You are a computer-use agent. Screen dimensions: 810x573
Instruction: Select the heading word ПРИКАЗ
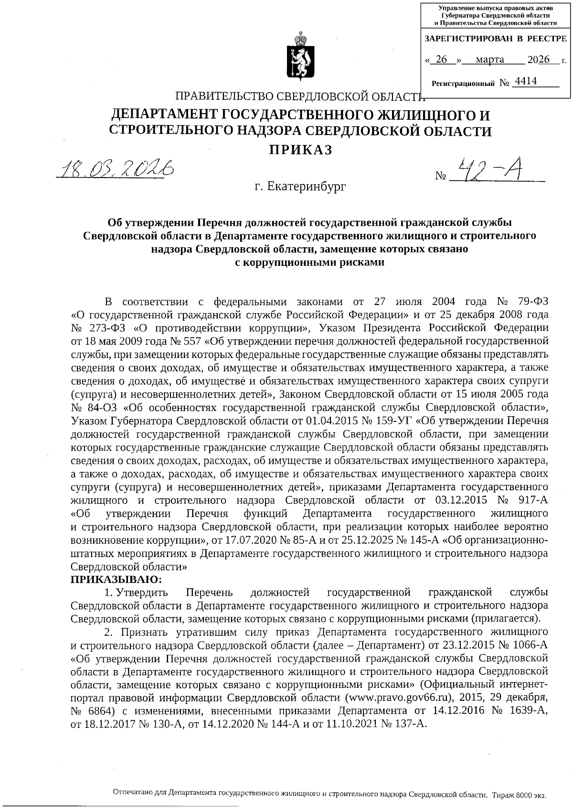(300, 150)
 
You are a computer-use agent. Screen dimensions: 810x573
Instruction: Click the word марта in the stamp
(490, 60)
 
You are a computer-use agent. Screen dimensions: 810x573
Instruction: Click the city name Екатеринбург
(300, 186)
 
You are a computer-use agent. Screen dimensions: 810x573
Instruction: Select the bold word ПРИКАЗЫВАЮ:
(117, 579)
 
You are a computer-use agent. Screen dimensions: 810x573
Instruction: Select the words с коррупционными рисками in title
(310, 262)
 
